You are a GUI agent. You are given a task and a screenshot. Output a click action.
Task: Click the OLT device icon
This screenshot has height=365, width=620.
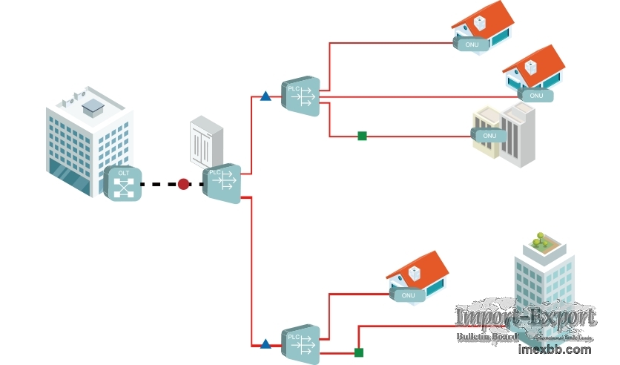[x=122, y=183]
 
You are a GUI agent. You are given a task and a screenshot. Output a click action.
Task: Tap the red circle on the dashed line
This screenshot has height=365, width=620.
[x=183, y=184]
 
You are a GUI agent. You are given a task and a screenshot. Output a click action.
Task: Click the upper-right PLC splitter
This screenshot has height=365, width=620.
[x=300, y=96]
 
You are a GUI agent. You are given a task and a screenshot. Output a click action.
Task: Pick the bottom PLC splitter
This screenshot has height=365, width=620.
[x=300, y=344]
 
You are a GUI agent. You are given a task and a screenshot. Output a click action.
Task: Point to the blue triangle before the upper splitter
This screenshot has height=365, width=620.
[x=266, y=96]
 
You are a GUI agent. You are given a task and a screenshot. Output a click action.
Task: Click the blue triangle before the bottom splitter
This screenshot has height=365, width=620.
[x=266, y=344]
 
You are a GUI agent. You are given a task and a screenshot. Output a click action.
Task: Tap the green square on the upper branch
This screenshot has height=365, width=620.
[x=362, y=136]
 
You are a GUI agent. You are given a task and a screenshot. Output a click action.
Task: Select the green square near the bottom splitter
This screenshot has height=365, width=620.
[x=359, y=352]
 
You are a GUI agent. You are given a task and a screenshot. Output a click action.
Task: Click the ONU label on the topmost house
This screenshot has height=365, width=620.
[x=472, y=45]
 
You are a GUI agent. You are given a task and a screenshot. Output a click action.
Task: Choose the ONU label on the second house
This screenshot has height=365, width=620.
[x=536, y=96]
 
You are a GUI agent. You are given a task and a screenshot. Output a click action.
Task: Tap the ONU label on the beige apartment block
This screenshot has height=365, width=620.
[x=489, y=136]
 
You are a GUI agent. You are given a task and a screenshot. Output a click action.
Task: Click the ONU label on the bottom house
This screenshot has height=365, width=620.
[x=408, y=295]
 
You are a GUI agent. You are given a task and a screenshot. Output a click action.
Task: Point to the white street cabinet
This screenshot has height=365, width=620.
[x=206, y=141]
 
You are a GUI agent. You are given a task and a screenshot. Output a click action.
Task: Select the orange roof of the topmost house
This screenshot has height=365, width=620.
[x=494, y=19]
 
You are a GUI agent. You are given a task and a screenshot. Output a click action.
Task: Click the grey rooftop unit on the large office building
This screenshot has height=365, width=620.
[x=92, y=108]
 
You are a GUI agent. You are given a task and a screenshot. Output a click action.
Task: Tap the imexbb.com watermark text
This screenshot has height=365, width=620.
[x=555, y=349]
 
